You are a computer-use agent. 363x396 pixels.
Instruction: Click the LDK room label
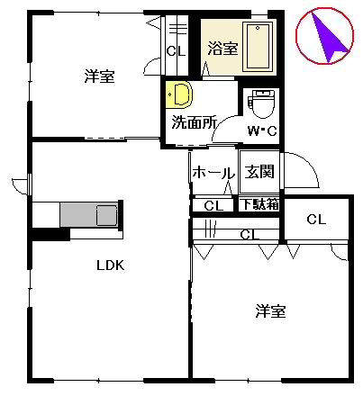pos(110,265)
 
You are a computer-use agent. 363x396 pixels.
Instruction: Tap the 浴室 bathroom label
pos(223,48)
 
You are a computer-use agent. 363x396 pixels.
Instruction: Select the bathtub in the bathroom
pos(258,47)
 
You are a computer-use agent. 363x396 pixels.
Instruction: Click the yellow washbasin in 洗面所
pos(179,94)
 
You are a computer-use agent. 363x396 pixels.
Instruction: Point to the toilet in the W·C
pos(262,103)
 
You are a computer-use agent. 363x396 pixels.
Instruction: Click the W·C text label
pos(262,130)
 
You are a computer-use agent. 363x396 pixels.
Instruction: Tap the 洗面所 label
pos(194,122)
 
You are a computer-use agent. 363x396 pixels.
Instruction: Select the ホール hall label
pos(213,173)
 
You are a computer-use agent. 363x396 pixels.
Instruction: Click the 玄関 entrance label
pos(259,172)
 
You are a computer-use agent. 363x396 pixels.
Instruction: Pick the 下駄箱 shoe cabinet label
pos(260,204)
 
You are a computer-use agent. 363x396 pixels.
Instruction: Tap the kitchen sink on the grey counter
pos(106,215)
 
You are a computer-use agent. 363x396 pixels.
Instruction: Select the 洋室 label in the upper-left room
pos(100,76)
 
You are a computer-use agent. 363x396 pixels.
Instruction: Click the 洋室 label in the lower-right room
pos(270,311)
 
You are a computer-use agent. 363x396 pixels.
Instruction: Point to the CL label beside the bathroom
pos(176,51)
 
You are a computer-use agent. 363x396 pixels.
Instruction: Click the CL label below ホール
pos(213,206)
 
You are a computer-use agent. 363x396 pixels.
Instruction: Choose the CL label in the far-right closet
pos(316,220)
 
